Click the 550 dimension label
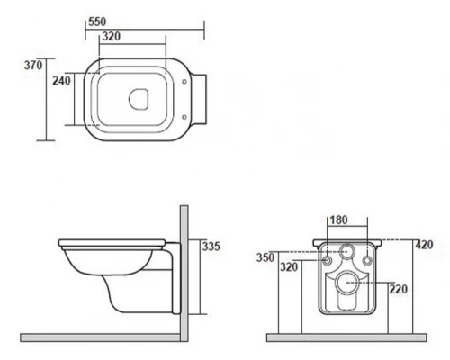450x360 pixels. [97, 22]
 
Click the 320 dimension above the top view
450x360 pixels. [112, 36]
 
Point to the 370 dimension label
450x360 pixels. [33, 65]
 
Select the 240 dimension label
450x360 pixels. [61, 81]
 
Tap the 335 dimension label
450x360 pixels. [211, 247]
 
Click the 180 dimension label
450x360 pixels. [338, 220]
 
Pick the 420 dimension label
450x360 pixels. [424, 245]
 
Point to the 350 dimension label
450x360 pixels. [265, 257]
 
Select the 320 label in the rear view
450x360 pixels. [289, 266]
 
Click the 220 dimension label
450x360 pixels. [399, 289]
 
